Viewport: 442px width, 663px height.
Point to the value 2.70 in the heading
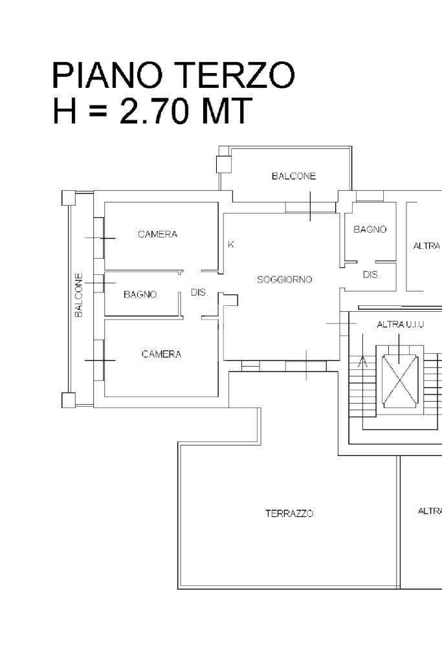154,111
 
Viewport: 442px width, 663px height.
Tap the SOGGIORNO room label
285,279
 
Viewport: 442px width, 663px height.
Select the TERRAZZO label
289,514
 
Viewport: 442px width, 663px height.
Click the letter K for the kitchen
231,245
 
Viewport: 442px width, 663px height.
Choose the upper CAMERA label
157,234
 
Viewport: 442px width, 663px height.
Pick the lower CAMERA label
161,354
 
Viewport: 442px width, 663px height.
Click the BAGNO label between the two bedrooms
140,294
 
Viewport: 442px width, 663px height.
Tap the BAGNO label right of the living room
370,229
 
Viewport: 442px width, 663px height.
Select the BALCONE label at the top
294,176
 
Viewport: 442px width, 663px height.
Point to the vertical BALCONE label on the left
79,295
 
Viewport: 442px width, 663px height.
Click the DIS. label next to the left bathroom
199,292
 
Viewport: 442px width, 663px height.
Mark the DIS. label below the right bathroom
371,274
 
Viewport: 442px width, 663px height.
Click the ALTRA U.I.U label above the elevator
401,324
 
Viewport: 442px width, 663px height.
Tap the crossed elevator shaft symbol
400,379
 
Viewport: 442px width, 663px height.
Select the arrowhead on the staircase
362,362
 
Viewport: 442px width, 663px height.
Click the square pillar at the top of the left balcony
69,198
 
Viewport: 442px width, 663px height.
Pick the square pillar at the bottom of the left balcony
69,400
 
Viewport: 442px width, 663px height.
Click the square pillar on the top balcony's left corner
224,164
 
